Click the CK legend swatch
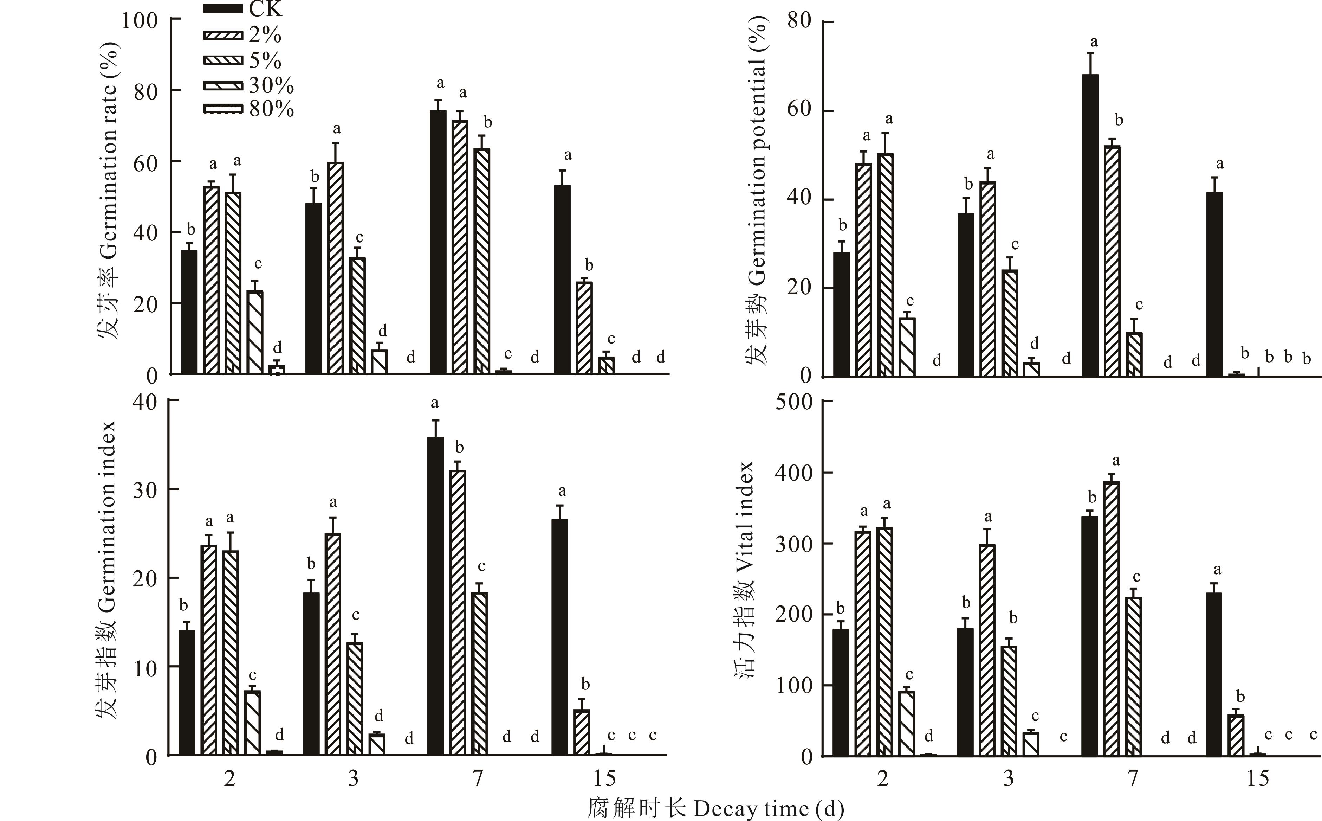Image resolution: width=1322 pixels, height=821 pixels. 222,9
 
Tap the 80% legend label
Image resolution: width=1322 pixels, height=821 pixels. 271,109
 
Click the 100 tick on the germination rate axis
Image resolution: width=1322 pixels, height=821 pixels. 139,21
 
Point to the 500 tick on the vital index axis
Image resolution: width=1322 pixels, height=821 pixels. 793,402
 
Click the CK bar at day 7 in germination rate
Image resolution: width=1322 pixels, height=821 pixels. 438,242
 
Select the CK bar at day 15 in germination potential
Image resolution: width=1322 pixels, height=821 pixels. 1214,284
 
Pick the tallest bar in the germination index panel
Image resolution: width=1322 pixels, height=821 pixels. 435,596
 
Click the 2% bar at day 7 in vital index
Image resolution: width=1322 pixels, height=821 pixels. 1112,619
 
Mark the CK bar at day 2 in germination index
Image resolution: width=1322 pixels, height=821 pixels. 187,693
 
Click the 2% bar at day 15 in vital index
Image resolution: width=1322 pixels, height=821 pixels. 1236,736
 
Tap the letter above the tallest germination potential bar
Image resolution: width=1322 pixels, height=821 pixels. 1094,42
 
